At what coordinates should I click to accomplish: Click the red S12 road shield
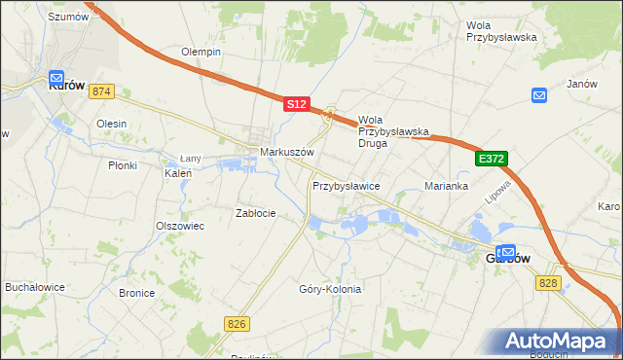pyautogui.click(x=297, y=103)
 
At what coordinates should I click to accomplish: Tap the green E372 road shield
pyautogui.click(x=492, y=158)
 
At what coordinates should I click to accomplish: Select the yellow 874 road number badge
pyautogui.click(x=101, y=91)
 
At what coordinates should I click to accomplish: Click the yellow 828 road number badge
pyautogui.click(x=548, y=281)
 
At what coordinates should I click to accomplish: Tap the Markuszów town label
pyautogui.click(x=286, y=153)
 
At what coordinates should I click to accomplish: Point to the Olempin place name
pyautogui.click(x=202, y=52)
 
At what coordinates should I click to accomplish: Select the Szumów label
pyautogui.click(x=68, y=17)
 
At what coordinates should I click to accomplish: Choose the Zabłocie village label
pyautogui.click(x=257, y=213)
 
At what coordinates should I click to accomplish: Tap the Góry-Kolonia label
pyautogui.click(x=330, y=289)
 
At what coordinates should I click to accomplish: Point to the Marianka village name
pyautogui.click(x=447, y=186)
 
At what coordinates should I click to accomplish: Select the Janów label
pyautogui.click(x=581, y=84)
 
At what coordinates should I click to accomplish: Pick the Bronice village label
pyautogui.click(x=136, y=293)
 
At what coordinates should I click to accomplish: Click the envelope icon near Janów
pyautogui.click(x=539, y=94)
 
